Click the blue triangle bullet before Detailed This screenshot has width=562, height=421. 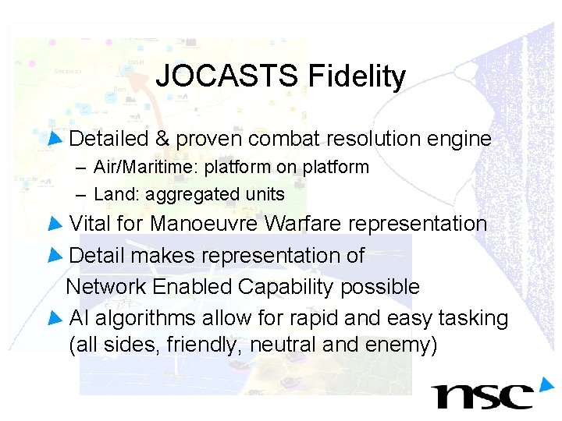(x=54, y=140)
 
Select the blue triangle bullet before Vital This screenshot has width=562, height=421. (x=54, y=225)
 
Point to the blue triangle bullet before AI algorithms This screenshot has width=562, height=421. (x=54, y=318)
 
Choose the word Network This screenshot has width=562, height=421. (x=106, y=287)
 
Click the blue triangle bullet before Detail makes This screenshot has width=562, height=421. (x=54, y=256)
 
